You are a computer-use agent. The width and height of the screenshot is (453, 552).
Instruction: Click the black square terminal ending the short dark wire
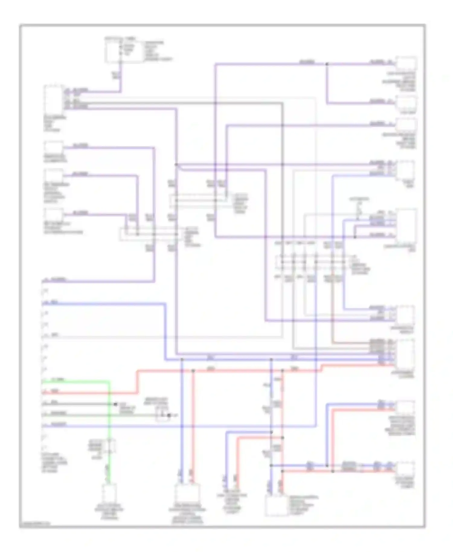(115, 404)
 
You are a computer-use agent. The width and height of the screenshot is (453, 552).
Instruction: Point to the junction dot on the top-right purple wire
(327, 64)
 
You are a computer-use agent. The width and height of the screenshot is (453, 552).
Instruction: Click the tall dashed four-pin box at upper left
(54, 99)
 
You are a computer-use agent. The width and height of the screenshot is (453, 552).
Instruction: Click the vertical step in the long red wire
(137, 382)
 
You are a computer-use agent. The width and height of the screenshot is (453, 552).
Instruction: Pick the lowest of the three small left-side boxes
(54, 215)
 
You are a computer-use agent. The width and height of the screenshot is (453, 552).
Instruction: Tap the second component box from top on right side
(406, 103)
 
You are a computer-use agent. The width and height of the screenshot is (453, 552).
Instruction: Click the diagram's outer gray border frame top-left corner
(20, 25)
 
